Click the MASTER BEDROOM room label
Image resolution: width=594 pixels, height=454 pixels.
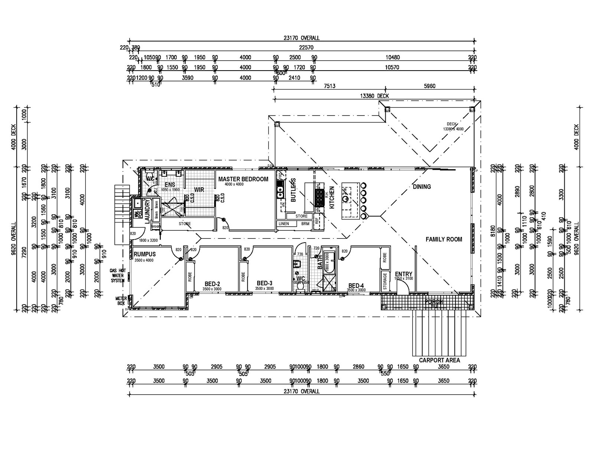(x=243, y=179)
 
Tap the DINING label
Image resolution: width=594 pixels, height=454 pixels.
(x=422, y=187)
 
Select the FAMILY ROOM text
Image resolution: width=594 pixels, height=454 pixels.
(x=444, y=239)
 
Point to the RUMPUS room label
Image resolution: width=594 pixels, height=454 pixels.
(x=145, y=254)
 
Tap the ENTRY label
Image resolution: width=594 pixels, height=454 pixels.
(x=404, y=274)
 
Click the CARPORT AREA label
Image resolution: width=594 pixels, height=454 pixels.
(x=439, y=360)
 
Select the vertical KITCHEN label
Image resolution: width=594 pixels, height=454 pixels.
(x=332, y=197)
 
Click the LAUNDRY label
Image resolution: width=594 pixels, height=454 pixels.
(x=147, y=211)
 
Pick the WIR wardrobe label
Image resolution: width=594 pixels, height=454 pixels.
(x=199, y=189)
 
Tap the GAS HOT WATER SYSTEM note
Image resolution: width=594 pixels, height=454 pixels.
(x=117, y=276)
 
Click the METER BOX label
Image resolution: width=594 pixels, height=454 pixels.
(x=121, y=301)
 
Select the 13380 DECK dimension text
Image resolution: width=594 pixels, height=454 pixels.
(x=374, y=96)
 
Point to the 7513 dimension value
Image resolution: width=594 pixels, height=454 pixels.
(x=330, y=86)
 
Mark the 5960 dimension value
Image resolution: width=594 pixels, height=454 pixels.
(x=430, y=86)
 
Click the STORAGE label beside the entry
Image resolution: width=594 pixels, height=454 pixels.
(x=385, y=281)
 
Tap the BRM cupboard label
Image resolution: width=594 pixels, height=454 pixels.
(x=305, y=224)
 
